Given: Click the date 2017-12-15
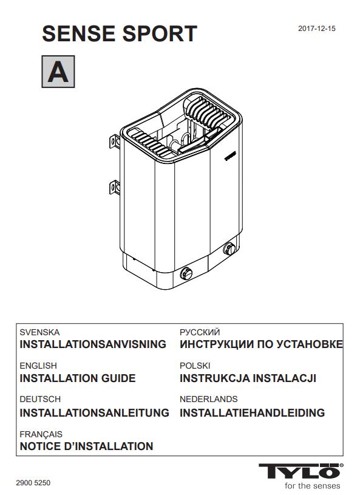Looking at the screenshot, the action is click(317, 29).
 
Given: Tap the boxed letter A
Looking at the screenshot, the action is click(58, 72).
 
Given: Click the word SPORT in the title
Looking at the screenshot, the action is click(160, 33).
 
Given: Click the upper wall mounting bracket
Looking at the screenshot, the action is click(115, 142).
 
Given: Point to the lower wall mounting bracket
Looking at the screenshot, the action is click(115, 187).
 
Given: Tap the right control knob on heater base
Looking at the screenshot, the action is click(229, 249).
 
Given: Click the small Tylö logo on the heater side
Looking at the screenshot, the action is click(230, 156).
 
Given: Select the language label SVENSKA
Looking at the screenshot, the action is click(39, 332).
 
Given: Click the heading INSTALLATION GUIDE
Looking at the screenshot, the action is click(78, 378).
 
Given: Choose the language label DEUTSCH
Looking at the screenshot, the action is click(40, 399).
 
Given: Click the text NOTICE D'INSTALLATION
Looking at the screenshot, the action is click(86, 446).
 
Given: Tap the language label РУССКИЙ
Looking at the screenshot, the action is click(200, 332).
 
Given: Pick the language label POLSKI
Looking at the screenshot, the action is click(195, 366).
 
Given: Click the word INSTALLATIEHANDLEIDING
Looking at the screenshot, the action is click(253, 412).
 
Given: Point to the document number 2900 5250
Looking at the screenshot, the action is click(33, 483).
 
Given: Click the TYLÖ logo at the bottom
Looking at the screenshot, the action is click(301, 471).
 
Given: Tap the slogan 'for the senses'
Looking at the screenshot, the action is click(313, 486).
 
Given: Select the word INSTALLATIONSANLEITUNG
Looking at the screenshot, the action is click(94, 412).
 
